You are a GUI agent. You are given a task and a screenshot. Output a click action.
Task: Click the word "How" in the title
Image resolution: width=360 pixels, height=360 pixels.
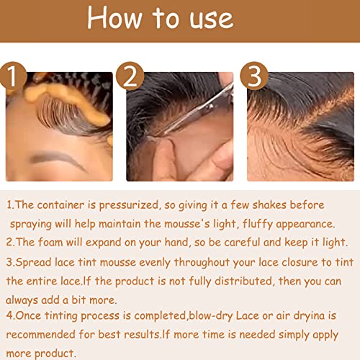coord(114,17)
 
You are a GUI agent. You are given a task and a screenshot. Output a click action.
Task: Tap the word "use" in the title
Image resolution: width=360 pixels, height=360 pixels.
coord(212,19)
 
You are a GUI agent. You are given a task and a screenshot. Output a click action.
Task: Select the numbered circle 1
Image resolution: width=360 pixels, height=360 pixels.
coord(12,76)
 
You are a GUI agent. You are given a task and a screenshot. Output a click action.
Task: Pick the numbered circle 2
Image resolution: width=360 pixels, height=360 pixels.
coord(130,76)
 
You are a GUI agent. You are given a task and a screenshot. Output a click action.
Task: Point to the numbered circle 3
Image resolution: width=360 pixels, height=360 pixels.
coord(254,76)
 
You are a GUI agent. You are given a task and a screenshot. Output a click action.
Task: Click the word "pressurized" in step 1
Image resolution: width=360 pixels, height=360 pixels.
coord(130,206)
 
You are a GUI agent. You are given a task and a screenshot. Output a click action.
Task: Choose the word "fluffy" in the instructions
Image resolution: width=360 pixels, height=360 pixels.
coord(258,224)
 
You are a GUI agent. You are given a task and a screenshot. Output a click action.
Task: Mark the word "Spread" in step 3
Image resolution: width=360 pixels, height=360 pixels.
coord(33,262)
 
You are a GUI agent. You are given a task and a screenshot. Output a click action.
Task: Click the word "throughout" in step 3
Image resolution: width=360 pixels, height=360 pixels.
coord(202,262)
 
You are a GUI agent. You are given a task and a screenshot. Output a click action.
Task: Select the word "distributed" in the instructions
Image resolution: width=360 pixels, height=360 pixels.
coord(245,281)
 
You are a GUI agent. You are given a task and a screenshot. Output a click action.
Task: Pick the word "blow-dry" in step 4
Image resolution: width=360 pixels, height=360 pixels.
coord(211,316)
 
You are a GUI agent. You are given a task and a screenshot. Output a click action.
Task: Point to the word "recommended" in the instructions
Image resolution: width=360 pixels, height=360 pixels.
coord(41,334)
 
